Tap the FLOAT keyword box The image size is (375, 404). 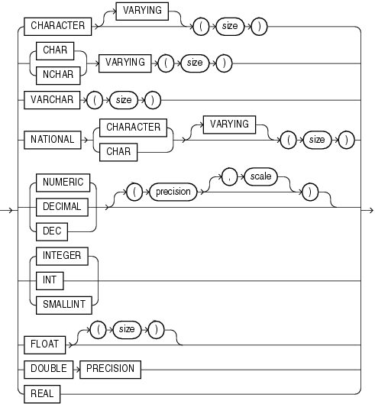[x=44, y=344]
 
